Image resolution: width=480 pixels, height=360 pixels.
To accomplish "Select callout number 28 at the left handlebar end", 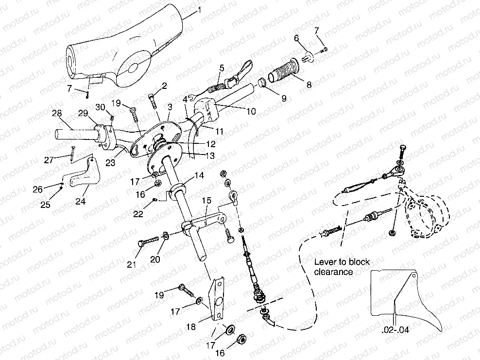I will point(57,113).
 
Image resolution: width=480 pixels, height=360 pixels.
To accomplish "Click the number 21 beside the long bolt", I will point(131,264).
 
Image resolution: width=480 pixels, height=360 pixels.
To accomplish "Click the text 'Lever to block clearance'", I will point(340,266).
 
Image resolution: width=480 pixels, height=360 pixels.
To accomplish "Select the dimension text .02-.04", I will point(395,330).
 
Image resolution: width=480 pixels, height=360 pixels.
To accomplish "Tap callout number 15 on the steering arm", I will point(206,201).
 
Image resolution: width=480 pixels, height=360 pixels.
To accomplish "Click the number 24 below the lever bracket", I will point(80,200).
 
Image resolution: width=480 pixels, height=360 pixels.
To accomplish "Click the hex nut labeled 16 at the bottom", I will point(241,339).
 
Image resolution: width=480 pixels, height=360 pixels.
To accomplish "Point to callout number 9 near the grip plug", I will point(283,98).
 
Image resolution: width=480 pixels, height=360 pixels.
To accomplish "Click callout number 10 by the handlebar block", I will point(251,111).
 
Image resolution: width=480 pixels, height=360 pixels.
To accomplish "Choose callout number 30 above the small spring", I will point(101,107).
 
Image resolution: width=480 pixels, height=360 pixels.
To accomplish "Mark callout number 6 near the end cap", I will point(296,38).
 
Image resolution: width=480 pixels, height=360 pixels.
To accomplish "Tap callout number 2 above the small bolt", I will point(164,86).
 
